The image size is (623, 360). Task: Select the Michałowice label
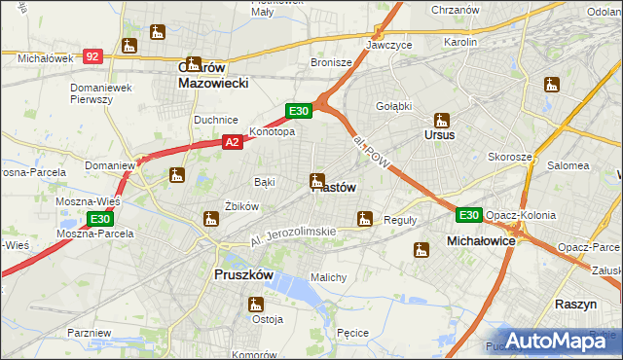pyautogui.click(x=480, y=239)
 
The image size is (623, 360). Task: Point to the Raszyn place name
pyautogui.click(x=575, y=304)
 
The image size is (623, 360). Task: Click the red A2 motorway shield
pyautogui.click(x=232, y=142)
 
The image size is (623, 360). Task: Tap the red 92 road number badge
pyautogui.click(x=92, y=57)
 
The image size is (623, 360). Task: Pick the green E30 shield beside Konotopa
pyautogui.click(x=298, y=112)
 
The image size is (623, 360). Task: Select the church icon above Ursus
pyautogui.click(x=442, y=121)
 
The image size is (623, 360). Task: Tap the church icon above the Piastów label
pyautogui.click(x=316, y=180)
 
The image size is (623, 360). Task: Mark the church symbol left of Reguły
pyautogui.click(x=365, y=219)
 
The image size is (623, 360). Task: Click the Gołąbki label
pyautogui.click(x=394, y=105)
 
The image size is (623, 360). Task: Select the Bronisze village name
pyautogui.click(x=331, y=62)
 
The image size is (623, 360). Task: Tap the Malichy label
pyautogui.click(x=328, y=277)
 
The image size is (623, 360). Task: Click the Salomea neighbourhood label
pyautogui.click(x=567, y=165)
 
